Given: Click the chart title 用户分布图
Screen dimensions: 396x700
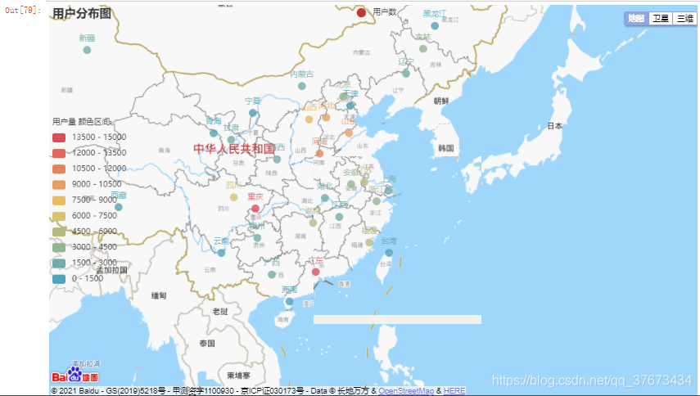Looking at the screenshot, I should pyautogui.click(x=81, y=13).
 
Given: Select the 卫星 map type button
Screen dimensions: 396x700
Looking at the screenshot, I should pyautogui.click(x=660, y=18).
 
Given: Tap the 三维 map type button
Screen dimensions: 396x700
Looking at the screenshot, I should pyautogui.click(x=684, y=18).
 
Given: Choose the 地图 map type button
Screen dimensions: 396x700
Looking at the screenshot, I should pyautogui.click(x=635, y=18).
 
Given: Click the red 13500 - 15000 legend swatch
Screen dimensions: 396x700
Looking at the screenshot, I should pyautogui.click(x=59, y=137).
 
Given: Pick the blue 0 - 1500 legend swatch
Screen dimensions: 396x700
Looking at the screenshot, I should pyautogui.click(x=59, y=278).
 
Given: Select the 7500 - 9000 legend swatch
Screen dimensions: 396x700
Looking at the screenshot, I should pyautogui.click(x=59, y=200).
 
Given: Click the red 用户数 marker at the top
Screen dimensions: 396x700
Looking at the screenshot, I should pyautogui.click(x=361, y=12).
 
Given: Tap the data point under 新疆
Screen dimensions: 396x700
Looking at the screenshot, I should pyautogui.click(x=87, y=50).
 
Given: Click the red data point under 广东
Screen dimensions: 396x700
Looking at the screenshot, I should pyautogui.click(x=315, y=272).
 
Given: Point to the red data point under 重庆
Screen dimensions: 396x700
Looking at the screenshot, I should pyautogui.click(x=255, y=208).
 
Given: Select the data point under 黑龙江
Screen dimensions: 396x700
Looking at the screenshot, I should pyautogui.click(x=435, y=25).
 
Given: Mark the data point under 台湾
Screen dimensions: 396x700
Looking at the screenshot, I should pyautogui.click(x=389, y=253).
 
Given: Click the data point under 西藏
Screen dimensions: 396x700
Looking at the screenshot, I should pyautogui.click(x=119, y=207).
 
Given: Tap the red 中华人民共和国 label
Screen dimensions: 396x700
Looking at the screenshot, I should pyautogui.click(x=234, y=149).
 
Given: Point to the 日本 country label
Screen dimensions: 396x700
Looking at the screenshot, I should pyautogui.click(x=555, y=126).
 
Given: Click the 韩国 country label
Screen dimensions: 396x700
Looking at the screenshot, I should pyautogui.click(x=446, y=148).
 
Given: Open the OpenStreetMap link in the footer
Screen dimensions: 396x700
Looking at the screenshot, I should pyautogui.click(x=406, y=391).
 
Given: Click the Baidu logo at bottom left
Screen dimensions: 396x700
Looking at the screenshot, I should pyautogui.click(x=75, y=376).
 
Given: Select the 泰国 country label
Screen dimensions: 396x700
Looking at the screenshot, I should pyautogui.click(x=206, y=344).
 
